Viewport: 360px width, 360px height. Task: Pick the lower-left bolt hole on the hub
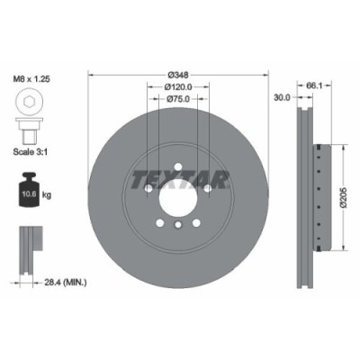pyautogui.click(x=159, y=223)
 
